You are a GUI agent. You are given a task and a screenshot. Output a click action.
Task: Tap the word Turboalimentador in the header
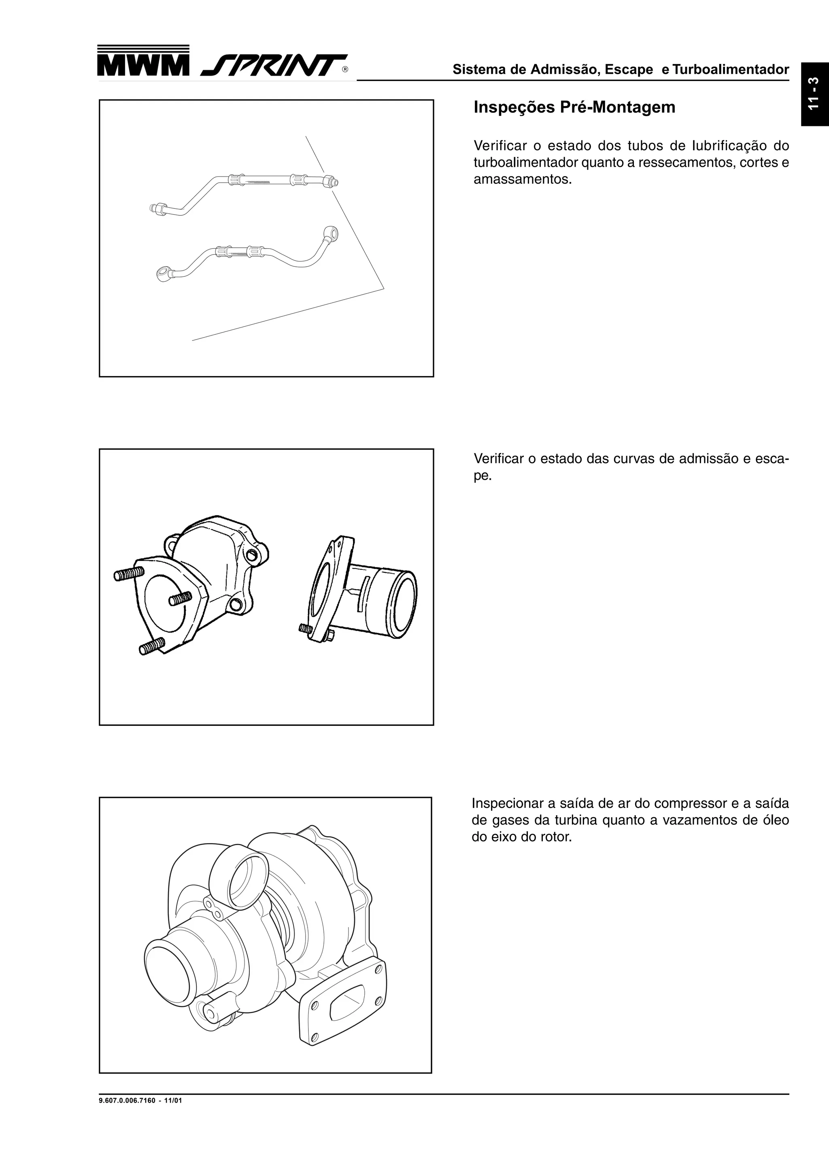730,70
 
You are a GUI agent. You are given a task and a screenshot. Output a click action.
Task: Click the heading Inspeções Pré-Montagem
574,107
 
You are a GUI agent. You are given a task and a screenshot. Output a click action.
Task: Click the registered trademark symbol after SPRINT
345,70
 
